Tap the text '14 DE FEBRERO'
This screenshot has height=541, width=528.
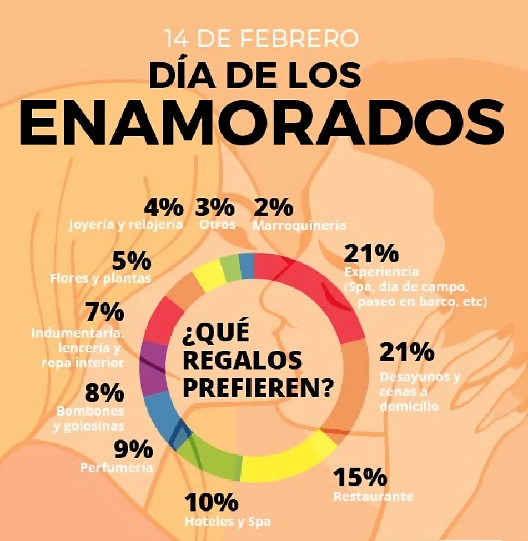(x=262, y=39)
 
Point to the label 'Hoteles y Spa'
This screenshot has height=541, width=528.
(x=228, y=521)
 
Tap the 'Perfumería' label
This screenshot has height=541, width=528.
(x=117, y=467)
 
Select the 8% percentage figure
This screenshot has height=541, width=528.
(x=104, y=393)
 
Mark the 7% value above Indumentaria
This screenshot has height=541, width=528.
(x=105, y=312)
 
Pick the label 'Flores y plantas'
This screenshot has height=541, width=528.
(x=101, y=278)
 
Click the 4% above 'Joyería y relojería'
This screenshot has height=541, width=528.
(x=163, y=208)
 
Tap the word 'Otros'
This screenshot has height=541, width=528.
(x=217, y=225)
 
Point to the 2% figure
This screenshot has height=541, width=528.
(x=274, y=208)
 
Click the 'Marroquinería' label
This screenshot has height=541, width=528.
(x=299, y=225)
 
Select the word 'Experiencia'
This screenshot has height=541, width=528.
(x=381, y=272)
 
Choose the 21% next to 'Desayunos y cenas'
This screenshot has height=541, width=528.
(x=407, y=352)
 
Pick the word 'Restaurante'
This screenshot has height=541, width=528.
(x=373, y=496)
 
